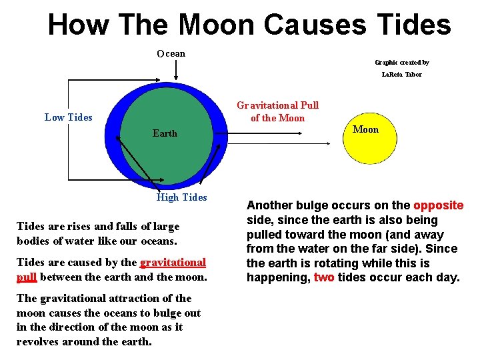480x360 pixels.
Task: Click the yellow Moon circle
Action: (x=365, y=144)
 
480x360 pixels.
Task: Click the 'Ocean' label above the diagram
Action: (x=171, y=53)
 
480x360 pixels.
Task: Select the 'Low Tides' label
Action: (x=68, y=117)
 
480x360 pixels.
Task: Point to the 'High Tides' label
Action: (x=181, y=197)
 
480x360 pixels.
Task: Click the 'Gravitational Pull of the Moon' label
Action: (x=277, y=111)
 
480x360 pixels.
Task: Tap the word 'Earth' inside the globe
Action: (x=165, y=133)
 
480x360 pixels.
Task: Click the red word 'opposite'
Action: (x=439, y=205)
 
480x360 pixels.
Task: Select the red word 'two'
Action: (x=324, y=277)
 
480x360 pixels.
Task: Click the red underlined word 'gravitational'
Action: (x=173, y=263)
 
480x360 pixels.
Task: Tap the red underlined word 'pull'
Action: (x=26, y=277)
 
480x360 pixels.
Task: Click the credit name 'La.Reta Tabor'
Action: (x=402, y=74)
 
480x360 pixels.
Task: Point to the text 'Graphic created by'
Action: (x=402, y=62)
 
